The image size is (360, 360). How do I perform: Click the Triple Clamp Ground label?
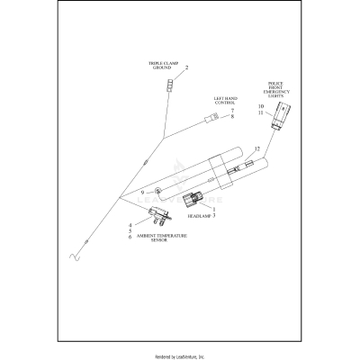pyautogui.click(x=164, y=66)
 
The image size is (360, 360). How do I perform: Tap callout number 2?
pyautogui.click(x=186, y=68)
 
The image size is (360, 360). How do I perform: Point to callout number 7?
pyautogui.click(x=231, y=110)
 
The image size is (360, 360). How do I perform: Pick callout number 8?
pyautogui.click(x=231, y=117)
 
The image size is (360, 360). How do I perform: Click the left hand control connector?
pyautogui.click(x=209, y=116)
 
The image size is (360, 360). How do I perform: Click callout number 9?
pyautogui.click(x=141, y=193)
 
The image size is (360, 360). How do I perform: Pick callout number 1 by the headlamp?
pyautogui.click(x=213, y=210)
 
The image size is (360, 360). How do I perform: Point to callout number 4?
pyautogui.click(x=130, y=224)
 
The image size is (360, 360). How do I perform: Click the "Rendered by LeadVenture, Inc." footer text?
pyautogui.click(x=180, y=356)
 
